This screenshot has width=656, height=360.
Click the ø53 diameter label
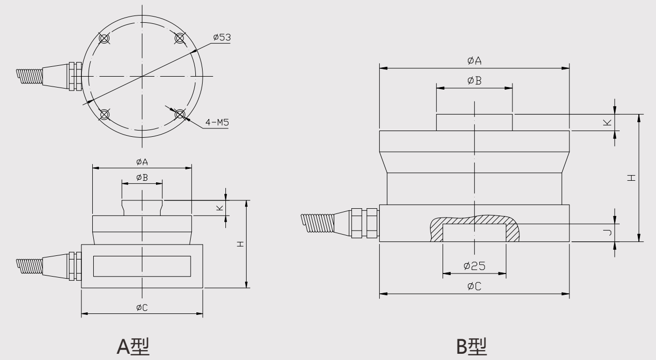point(222,38)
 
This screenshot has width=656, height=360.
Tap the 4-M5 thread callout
point(217,123)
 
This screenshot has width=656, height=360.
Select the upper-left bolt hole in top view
point(104,38)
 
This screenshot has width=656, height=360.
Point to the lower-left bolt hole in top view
point(104,114)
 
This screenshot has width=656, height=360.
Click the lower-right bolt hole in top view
point(180,114)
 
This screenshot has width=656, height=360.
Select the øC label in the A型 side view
point(141,307)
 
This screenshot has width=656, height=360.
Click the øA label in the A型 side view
point(141,162)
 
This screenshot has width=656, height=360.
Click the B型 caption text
point(471,345)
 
